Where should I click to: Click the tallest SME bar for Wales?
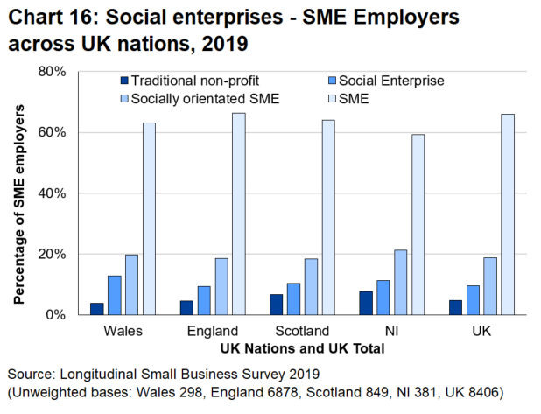pos(149,219)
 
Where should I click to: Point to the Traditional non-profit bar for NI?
pos(364,303)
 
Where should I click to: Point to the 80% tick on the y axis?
pos(52,72)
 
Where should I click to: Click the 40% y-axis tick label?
pos(52,193)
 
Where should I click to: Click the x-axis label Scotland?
pos(301,332)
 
